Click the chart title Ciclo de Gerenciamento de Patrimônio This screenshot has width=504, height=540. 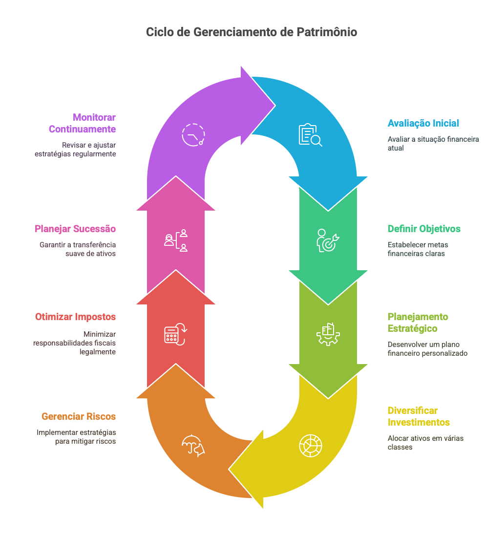pos(252,32)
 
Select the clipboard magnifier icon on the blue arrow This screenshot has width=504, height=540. pos(310,135)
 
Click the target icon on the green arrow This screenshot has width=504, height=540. pos(328,240)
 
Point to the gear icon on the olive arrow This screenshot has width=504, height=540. pos(328,334)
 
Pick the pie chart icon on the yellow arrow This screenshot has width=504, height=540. pos(311,445)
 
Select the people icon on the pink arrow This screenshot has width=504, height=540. pos(176,240)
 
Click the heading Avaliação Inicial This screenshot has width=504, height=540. pos(423,123)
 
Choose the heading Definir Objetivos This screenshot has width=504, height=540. pos(424,229)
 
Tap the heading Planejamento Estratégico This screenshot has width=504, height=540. pos(418,323)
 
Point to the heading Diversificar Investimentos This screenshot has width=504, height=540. pos(419,416)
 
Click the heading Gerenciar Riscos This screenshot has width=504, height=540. pos(79,416)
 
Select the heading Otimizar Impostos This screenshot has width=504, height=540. pos(75,317)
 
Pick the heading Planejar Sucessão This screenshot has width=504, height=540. pos(75,229)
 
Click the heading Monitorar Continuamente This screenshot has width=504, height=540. pos(82,123)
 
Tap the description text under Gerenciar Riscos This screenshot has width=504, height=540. pos(76,437)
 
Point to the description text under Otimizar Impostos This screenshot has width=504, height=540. pos(75,343)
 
